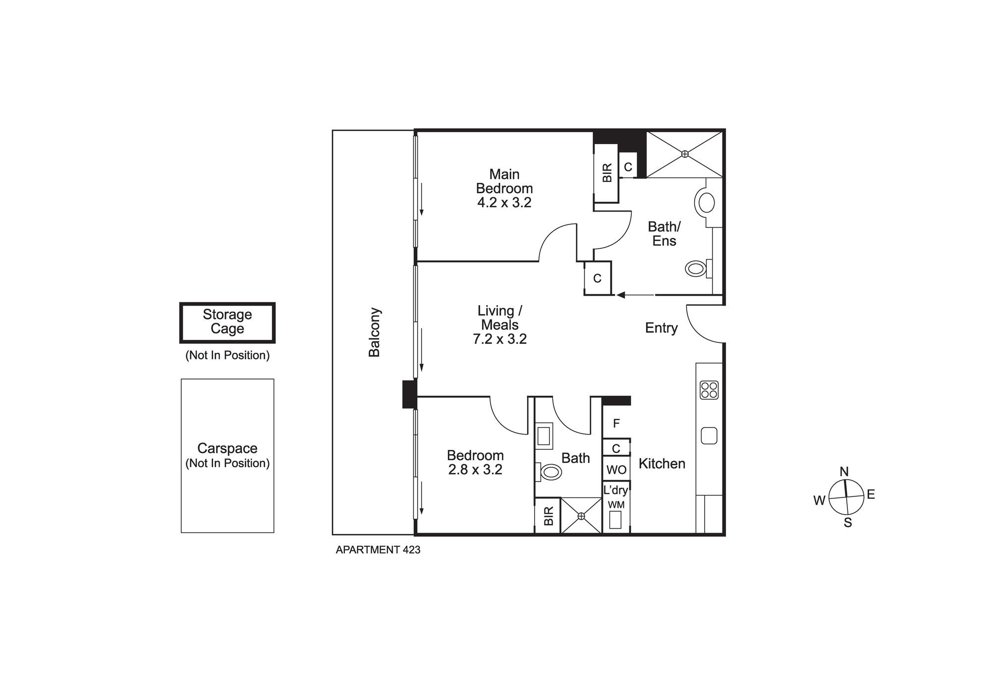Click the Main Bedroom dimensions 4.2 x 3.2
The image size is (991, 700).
coord(504,203)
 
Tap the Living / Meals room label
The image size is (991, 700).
coord(499,318)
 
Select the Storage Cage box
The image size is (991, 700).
coord(227,323)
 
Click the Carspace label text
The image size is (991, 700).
coord(227,448)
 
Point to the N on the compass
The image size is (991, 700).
coord(845,471)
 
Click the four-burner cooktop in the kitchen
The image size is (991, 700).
coord(709,390)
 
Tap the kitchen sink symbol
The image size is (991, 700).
coord(709,436)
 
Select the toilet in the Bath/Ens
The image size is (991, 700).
coord(696,269)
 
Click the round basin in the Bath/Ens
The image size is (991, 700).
coord(705,203)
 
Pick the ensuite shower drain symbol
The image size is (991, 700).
coord(685,154)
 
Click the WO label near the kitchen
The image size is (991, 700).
coord(616,469)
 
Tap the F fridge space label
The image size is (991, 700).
coord(616,424)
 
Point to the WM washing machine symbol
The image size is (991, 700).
coord(615,519)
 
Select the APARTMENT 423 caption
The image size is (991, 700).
coord(378,550)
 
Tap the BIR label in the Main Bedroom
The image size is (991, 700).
coord(607,173)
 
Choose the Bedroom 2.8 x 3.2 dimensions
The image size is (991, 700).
coord(475,470)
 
